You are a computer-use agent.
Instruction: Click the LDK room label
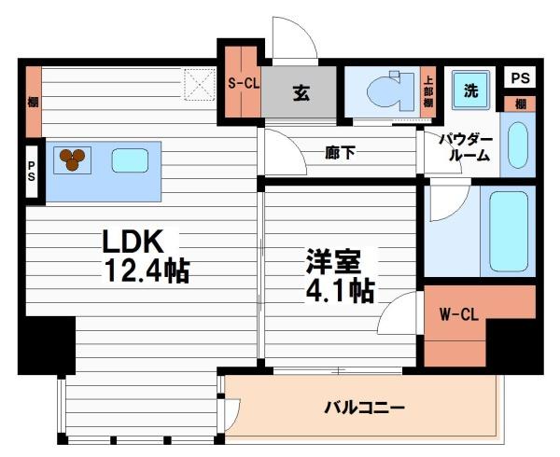pos(133,241)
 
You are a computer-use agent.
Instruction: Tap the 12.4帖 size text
pos(147,271)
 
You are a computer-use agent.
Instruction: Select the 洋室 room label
pos(328,261)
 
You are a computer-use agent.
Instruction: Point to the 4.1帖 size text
pos(340,291)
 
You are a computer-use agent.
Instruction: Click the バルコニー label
pos(364,408)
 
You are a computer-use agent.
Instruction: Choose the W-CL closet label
pos(458,315)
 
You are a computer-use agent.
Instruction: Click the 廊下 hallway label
pos(339,153)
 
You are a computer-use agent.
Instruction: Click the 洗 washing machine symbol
pos(471,91)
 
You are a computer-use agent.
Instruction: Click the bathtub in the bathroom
pos(509,230)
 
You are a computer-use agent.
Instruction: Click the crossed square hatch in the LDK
pos(198,85)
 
